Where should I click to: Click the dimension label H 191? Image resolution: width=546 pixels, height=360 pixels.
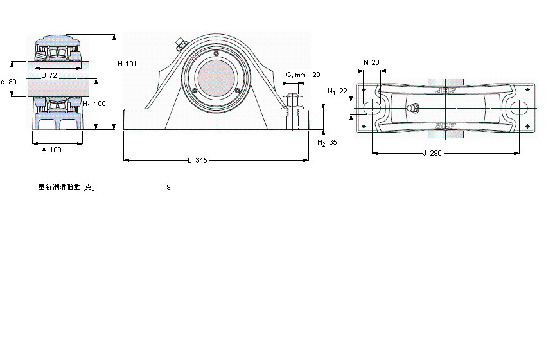(127, 64)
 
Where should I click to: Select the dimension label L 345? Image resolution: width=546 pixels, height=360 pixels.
(197, 160)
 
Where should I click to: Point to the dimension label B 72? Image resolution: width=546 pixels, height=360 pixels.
(49, 75)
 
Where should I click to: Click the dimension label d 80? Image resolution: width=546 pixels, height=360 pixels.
(9, 82)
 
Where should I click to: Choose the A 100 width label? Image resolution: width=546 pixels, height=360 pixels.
(51, 150)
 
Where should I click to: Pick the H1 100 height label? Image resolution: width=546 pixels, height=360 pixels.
(93, 104)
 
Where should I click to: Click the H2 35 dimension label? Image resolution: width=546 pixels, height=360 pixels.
(327, 143)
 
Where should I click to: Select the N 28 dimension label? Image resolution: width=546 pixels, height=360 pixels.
(371, 62)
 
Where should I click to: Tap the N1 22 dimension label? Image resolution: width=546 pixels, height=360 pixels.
(337, 91)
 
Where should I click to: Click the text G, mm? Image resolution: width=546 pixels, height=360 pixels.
(295, 75)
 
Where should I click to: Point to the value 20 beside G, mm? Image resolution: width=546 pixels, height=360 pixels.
(316, 75)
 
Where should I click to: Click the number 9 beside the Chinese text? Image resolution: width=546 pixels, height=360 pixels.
(168, 187)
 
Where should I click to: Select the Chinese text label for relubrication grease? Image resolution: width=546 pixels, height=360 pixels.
(67, 187)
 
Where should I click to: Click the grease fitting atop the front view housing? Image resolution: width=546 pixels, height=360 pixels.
(179, 45)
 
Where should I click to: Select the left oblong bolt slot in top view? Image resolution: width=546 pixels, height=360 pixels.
(371, 109)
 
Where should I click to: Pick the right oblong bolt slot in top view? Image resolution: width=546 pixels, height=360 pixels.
(519, 109)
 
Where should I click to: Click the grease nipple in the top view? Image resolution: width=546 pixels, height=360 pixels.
(413, 109)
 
